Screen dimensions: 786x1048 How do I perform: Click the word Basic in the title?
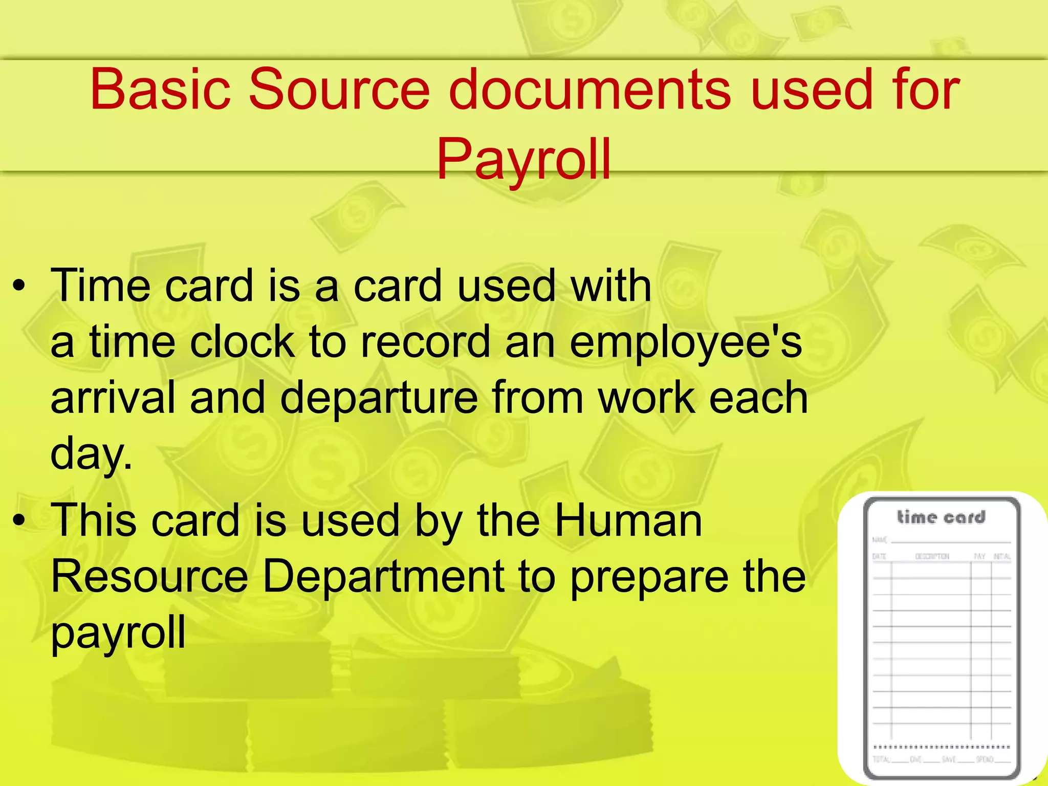[x=160, y=90]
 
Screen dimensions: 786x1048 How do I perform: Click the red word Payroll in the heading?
[x=523, y=160]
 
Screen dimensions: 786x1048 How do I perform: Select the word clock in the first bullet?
[x=242, y=342]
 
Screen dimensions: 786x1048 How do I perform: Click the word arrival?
[x=113, y=398]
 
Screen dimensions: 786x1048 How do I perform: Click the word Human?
[x=628, y=521]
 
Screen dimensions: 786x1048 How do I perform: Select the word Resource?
[x=149, y=577]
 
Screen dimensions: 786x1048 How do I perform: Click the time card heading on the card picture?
[x=941, y=517]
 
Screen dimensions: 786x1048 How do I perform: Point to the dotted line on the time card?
[x=941, y=747]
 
